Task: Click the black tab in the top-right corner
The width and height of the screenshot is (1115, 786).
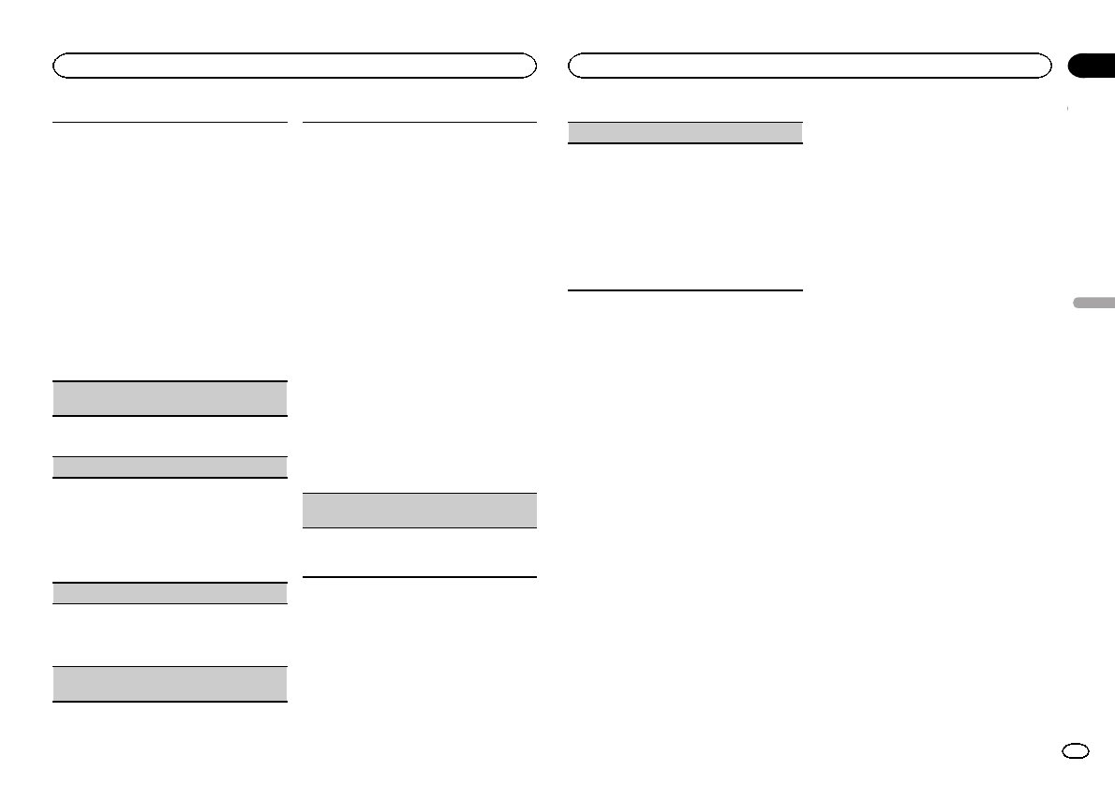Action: point(1092,65)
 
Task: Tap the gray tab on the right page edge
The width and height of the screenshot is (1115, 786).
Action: point(1091,304)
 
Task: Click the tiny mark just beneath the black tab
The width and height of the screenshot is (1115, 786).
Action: point(1068,110)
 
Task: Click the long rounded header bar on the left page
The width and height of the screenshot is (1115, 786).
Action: point(294,66)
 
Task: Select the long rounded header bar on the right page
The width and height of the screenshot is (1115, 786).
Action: point(810,66)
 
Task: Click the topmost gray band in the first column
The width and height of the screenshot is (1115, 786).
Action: point(170,398)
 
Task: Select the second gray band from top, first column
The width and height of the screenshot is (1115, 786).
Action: point(170,467)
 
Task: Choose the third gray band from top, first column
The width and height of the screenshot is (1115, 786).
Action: point(170,593)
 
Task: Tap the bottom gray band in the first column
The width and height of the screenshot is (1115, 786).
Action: point(170,684)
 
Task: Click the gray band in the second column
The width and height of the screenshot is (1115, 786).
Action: point(420,511)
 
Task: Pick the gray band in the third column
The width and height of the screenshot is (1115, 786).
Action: point(686,132)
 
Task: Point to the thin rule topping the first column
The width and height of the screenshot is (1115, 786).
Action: point(170,122)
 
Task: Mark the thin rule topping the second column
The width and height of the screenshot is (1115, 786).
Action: point(420,122)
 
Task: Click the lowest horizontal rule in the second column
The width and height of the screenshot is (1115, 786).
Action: point(420,576)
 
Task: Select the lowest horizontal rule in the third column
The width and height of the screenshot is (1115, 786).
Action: point(686,290)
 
